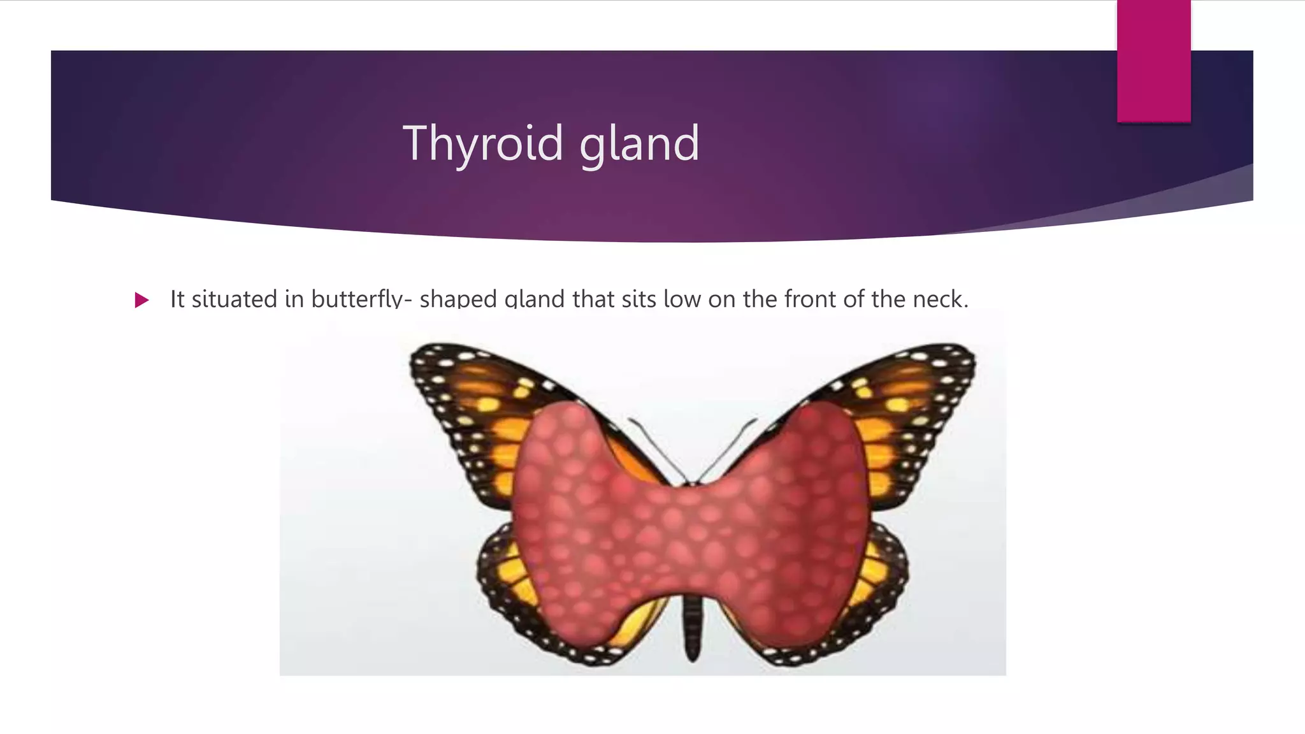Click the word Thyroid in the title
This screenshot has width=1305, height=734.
tap(483, 144)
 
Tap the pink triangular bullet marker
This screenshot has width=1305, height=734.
tap(141, 300)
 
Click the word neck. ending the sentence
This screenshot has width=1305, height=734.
tap(941, 299)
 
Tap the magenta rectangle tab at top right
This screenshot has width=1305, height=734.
tap(1153, 61)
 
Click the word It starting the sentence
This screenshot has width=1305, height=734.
tap(178, 299)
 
